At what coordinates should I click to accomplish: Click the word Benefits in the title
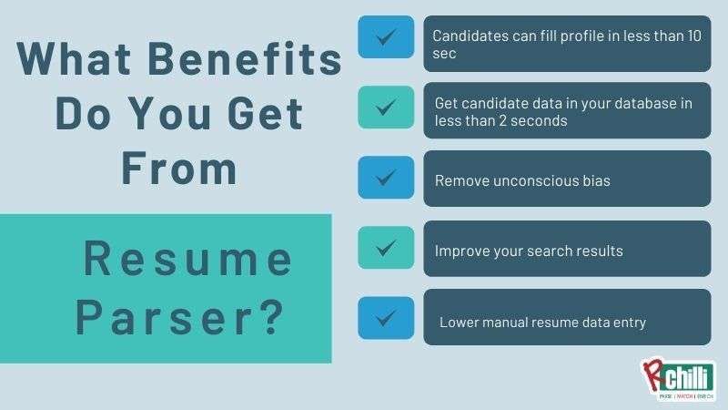244,60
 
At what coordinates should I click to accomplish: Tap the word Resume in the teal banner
189,260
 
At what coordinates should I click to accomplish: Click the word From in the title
179,170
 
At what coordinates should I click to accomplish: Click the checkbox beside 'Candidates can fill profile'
386,37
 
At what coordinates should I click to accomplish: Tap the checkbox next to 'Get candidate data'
386,107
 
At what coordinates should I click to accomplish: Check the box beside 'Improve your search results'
386,247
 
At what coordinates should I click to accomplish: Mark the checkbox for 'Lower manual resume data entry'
386,318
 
